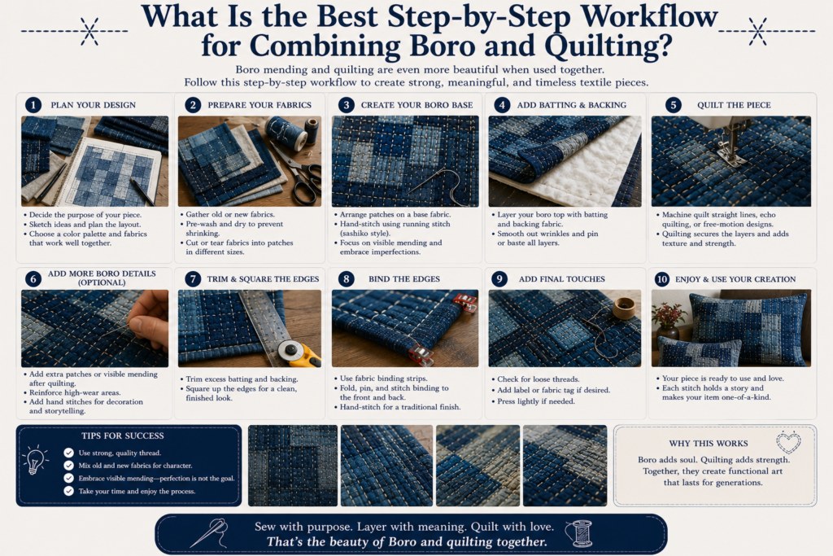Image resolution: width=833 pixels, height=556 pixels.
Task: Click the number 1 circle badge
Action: (33, 105)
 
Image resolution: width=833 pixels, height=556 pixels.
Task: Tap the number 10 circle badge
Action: (662, 279)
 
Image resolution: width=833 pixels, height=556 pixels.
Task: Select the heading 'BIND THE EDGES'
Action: (404, 279)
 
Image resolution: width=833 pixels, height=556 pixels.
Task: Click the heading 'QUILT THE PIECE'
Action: (734, 105)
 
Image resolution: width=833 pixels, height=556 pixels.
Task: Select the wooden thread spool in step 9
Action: (624, 308)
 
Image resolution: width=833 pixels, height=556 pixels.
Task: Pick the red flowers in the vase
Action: (668, 314)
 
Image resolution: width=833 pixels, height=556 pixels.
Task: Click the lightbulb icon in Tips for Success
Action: (35, 459)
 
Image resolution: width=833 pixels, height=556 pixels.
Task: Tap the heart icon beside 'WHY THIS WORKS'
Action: (788, 442)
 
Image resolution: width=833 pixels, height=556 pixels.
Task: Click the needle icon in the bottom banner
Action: (209, 532)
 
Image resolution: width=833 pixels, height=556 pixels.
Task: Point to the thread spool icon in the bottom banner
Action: (579, 534)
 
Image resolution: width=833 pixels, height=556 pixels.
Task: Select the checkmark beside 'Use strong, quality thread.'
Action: (68, 453)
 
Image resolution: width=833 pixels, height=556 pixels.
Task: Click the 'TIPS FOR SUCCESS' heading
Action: (123, 436)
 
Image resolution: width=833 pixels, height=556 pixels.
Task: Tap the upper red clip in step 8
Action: (464, 302)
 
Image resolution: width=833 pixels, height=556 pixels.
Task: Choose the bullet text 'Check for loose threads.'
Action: (539, 379)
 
